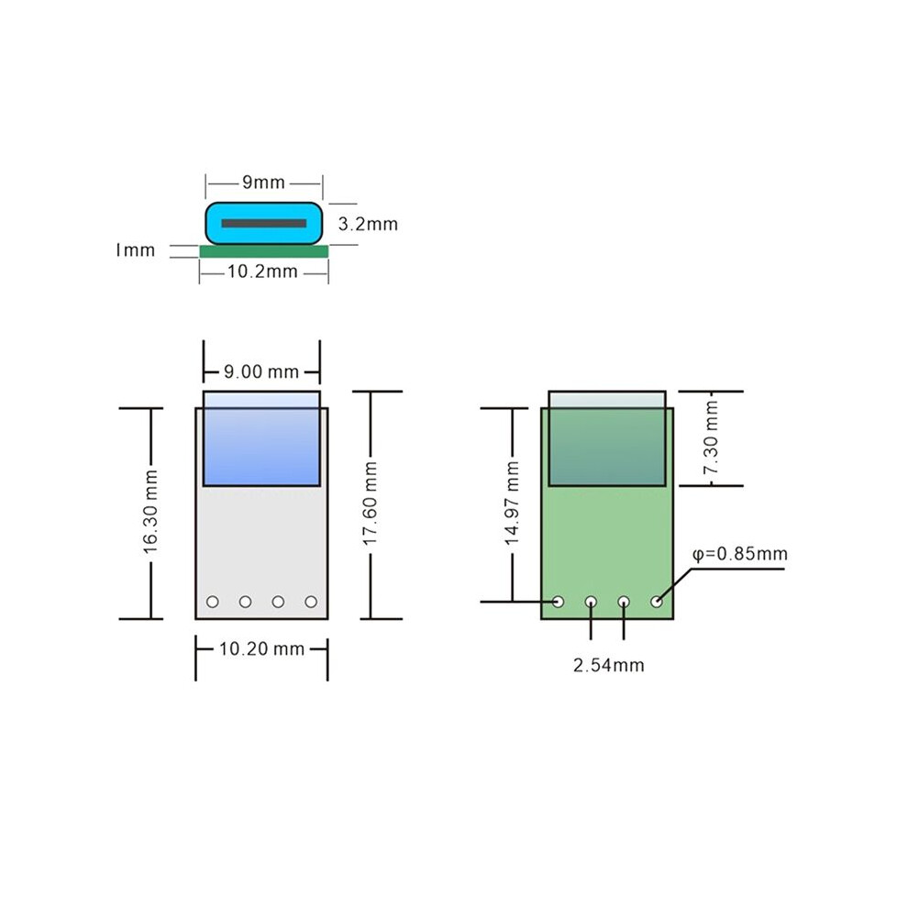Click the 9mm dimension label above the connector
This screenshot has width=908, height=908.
[x=263, y=183]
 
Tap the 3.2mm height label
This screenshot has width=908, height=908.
[x=368, y=224]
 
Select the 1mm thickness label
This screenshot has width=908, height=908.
[x=135, y=250]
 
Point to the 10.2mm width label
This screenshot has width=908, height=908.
[x=262, y=271]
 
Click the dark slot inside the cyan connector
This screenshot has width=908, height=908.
[x=264, y=224]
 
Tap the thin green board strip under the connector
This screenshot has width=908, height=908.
[x=264, y=251]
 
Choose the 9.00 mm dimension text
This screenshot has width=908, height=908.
[x=261, y=371]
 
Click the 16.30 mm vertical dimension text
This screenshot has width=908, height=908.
[x=150, y=512]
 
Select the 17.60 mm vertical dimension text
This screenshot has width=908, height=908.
[x=370, y=503]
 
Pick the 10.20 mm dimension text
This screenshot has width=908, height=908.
[x=261, y=648]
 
